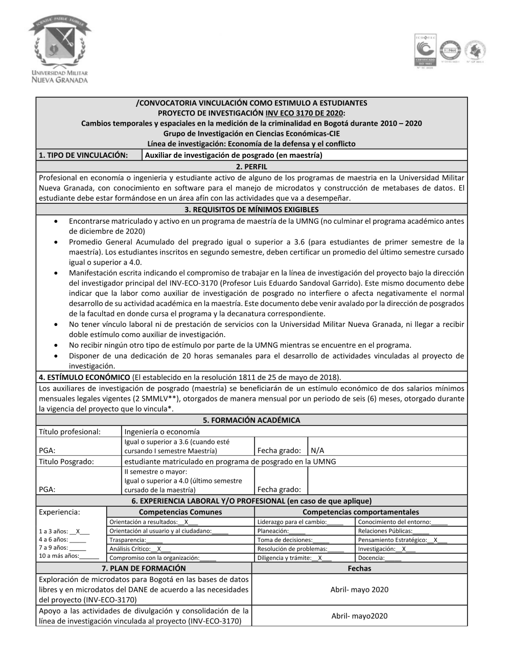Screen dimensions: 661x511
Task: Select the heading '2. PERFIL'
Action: (251, 167)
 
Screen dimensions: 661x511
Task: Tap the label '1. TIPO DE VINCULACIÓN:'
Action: (83, 155)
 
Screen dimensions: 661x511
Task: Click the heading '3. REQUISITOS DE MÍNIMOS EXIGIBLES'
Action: (251, 209)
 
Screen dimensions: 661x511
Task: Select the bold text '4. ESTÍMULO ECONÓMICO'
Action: (84, 377)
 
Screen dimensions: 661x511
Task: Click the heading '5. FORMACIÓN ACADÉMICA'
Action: (251, 420)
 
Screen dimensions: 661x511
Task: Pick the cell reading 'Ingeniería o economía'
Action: (162, 432)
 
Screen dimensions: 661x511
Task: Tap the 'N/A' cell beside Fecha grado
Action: (317, 451)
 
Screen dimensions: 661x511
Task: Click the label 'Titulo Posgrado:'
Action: (66, 461)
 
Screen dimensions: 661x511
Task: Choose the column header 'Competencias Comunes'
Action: (180, 512)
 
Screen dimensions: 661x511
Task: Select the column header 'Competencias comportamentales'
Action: (360, 512)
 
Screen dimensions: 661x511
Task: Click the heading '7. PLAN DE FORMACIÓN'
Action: (144, 568)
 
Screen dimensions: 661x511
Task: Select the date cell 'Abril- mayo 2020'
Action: (359, 589)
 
